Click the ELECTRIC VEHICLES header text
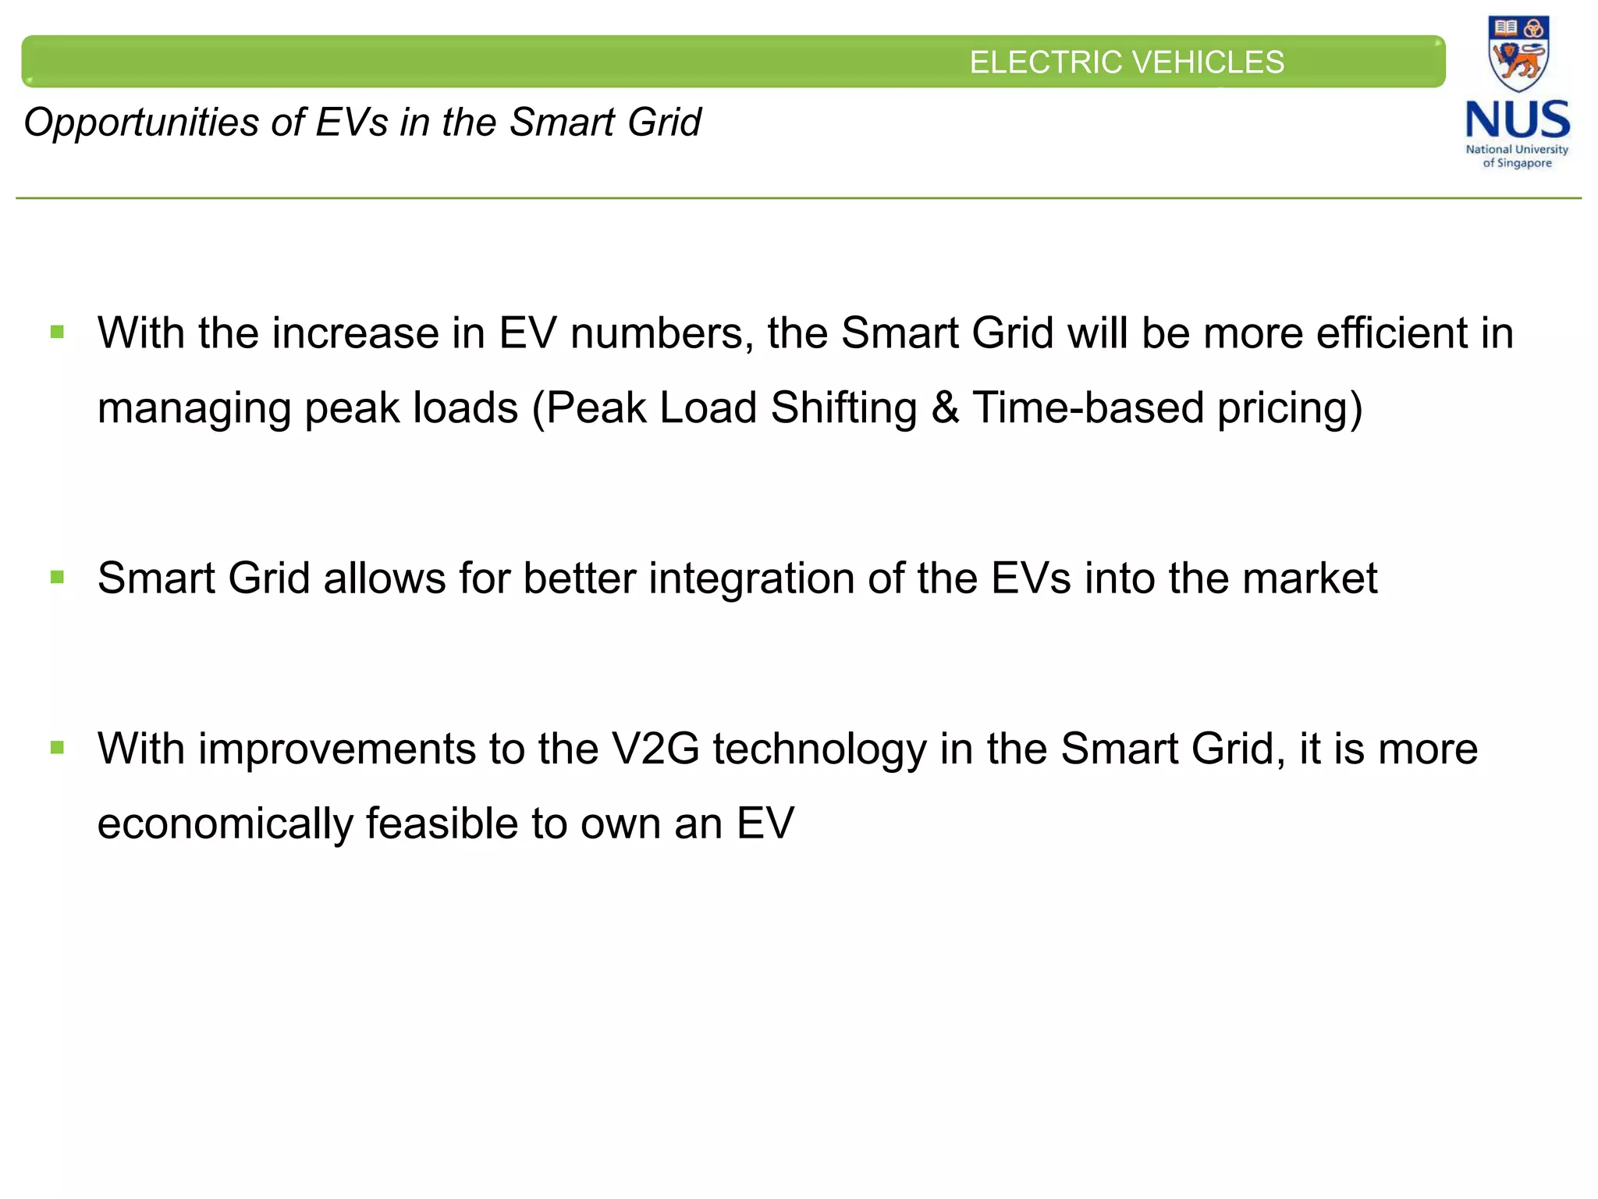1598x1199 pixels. click(1126, 62)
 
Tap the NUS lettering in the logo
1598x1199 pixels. click(1518, 121)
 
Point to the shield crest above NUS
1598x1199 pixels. click(1518, 53)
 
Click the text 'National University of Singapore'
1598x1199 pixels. click(1517, 156)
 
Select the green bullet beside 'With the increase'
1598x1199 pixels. click(57, 333)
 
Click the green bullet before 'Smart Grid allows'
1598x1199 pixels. click(57, 578)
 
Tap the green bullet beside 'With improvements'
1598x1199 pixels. click(57, 748)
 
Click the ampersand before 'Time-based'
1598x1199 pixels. click(945, 408)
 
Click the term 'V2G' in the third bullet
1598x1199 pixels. click(655, 749)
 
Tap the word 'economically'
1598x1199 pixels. click(225, 824)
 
